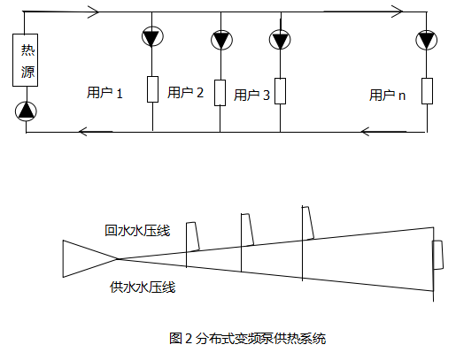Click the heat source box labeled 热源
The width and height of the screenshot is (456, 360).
coord(25,60)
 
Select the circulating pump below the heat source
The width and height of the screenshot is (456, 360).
coord(26,111)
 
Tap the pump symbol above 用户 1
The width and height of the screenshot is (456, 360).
coord(152,36)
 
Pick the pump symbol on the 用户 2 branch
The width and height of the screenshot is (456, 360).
coord(221,40)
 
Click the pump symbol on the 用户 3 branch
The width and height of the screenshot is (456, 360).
coord(280,40)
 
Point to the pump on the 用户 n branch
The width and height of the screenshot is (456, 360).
coord(427,40)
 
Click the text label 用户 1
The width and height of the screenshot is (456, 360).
coord(104,93)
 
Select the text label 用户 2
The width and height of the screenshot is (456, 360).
coord(185,92)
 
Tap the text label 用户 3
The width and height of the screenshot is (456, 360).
coord(251,95)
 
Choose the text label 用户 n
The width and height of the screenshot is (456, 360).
coord(387,95)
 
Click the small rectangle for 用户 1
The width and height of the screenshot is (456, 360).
coord(152,89)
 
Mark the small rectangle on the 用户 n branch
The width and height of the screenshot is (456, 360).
coord(427,91)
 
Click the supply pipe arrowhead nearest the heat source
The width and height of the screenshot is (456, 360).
coord(93,11)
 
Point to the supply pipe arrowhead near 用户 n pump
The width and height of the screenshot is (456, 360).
coord(398,11)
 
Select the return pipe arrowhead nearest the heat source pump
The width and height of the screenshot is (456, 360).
coord(83,132)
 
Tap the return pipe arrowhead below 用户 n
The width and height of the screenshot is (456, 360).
coord(366,132)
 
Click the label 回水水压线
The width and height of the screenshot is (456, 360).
coord(137,230)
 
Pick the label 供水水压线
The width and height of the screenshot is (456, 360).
coord(143,287)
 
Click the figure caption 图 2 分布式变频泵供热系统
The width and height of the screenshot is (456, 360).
coord(248,338)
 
